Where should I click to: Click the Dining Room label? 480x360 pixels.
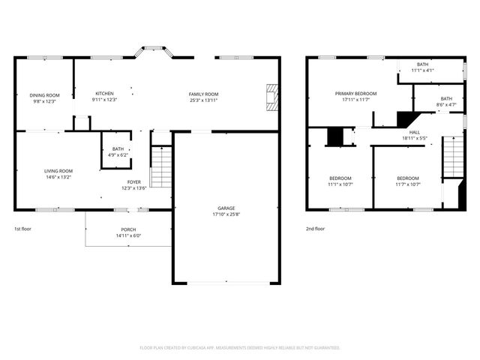43,95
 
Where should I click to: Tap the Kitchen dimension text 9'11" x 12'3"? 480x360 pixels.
104,100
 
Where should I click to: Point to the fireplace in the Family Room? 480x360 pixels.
271,96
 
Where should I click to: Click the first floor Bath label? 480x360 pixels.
118,148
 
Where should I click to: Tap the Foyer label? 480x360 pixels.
133,181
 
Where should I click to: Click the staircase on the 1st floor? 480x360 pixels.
161,167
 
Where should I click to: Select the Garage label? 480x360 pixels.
226,208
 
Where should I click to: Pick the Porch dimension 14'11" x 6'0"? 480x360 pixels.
129,235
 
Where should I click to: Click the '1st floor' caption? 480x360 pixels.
23,228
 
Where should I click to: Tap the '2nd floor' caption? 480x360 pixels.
315,228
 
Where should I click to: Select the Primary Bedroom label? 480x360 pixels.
355,93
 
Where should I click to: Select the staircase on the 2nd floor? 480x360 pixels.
452,157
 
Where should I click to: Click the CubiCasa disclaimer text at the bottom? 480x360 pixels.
240,347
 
